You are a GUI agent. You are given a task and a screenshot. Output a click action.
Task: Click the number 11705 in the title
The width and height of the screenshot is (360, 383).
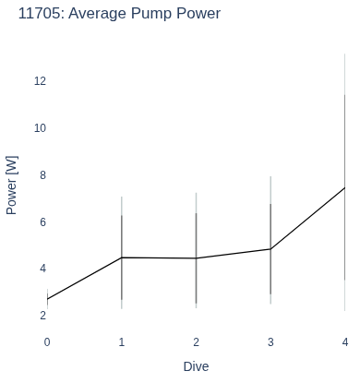click(40, 14)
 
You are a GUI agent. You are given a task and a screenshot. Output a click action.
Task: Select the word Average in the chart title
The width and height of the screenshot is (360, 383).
click(97, 15)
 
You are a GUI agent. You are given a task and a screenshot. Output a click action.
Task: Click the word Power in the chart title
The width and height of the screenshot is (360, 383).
click(197, 14)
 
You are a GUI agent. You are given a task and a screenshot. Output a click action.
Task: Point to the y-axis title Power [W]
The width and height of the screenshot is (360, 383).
click(12, 186)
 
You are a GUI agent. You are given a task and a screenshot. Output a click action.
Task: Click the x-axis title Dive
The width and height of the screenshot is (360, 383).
click(196, 366)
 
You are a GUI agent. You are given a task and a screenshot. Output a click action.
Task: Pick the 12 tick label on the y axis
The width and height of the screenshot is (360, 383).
click(40, 81)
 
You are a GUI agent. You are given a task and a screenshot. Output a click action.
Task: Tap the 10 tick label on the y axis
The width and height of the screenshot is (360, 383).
click(40, 128)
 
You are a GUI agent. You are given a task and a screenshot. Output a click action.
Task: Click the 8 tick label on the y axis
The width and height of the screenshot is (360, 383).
click(42, 175)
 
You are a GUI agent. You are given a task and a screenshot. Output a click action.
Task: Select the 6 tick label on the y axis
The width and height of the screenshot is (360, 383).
click(42, 222)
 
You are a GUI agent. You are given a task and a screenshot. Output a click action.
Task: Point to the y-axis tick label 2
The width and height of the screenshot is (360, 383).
click(42, 316)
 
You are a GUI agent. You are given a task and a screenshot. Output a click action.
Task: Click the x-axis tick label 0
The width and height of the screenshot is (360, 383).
click(47, 342)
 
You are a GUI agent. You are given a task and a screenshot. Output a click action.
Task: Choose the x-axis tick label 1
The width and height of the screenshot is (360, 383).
click(122, 342)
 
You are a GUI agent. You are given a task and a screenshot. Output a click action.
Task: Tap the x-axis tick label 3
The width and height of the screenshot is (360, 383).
click(270, 342)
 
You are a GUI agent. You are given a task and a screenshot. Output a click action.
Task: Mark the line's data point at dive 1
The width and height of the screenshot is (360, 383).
click(122, 257)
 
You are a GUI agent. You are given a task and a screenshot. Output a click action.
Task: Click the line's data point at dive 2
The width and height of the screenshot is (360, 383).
click(197, 258)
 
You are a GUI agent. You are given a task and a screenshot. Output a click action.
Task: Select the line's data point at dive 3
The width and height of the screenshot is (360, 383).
click(270, 249)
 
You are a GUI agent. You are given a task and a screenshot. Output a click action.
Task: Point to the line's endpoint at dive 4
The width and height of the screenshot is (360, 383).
click(345, 187)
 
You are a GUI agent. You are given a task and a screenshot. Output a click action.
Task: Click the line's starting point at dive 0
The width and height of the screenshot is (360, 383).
click(47, 299)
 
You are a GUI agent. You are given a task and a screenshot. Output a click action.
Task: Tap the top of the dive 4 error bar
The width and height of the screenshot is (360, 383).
click(345, 54)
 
